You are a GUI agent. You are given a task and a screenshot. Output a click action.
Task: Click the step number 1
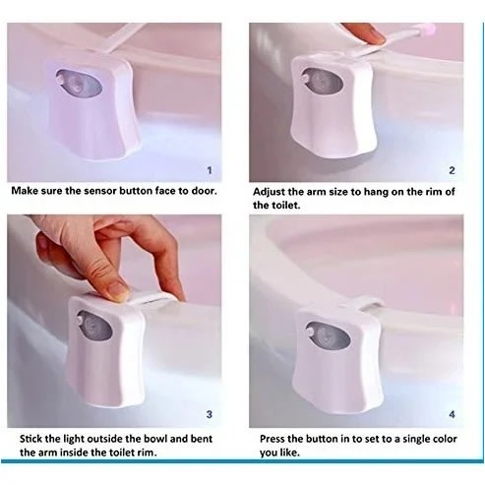click(x=210, y=170)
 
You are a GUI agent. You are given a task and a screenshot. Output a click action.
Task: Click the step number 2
click(x=452, y=170)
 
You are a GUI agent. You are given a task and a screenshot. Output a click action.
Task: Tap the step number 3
click(x=210, y=414)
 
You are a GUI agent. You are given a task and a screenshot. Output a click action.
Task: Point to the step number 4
click(x=452, y=414)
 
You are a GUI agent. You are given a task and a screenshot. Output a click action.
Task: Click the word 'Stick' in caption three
click(x=30, y=439)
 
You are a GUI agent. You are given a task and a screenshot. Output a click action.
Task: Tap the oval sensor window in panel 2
click(x=322, y=81)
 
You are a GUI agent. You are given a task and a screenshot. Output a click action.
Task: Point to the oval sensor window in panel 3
click(x=94, y=326)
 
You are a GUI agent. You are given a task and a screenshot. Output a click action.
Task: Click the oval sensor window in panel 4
click(x=328, y=335)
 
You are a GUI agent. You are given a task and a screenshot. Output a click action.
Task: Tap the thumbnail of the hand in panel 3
click(x=117, y=291)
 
